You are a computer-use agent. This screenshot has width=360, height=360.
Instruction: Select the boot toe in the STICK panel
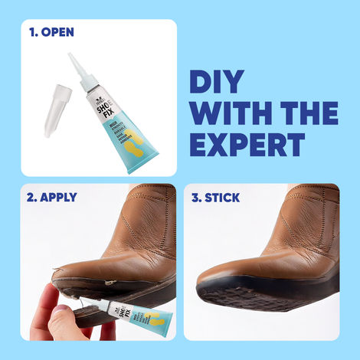[222, 264]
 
